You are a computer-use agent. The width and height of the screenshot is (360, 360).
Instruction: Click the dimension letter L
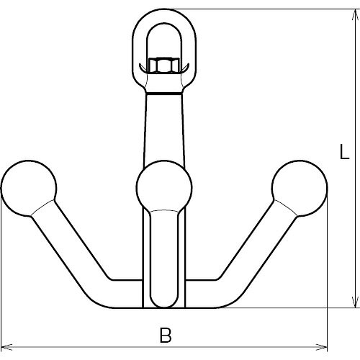(344, 152)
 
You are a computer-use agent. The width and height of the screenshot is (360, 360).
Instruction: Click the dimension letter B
(166, 336)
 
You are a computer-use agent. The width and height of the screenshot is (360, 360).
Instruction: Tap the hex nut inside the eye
(164, 66)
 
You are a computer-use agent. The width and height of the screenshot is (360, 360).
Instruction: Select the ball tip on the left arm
(29, 188)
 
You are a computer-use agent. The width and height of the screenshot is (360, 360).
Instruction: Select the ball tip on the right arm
(300, 188)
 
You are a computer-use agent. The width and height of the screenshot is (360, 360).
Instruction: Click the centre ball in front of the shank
(164, 187)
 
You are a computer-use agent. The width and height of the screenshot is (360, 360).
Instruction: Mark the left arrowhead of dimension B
(6, 347)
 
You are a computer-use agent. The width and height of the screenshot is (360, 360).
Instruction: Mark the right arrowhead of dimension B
(321, 347)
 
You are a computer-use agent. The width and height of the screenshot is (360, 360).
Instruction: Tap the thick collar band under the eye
(164, 93)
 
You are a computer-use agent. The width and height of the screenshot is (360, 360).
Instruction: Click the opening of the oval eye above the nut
(164, 41)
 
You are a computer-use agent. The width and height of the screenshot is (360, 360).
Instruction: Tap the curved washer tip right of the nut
(185, 68)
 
